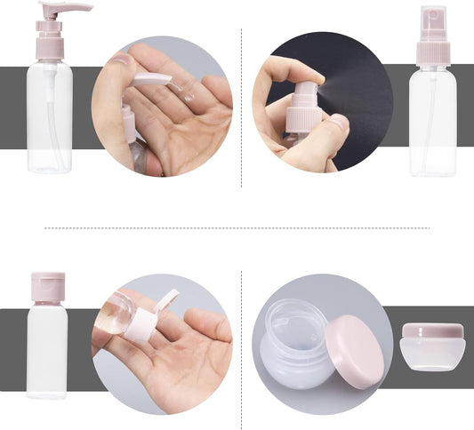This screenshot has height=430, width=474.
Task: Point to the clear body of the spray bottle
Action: (433, 124)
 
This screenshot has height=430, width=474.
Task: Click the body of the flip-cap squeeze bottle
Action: (48, 351)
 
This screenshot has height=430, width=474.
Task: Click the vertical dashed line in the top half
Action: (242, 107)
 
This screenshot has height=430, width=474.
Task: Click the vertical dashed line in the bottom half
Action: (242, 346)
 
